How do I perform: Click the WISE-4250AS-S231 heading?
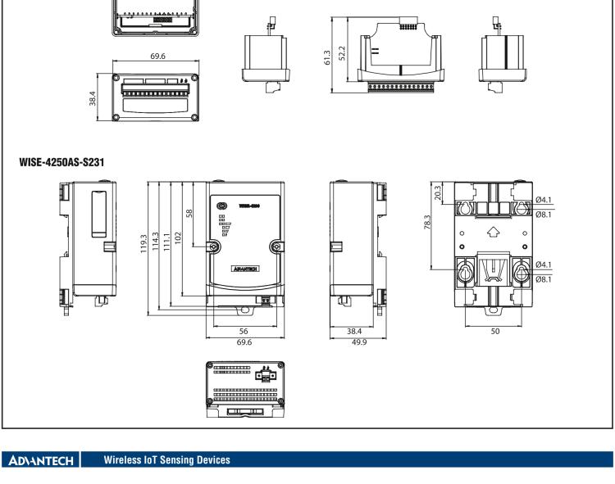click(61, 163)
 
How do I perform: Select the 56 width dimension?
click(244, 332)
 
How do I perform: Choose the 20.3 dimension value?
click(437, 192)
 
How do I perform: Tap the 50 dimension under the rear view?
click(494, 332)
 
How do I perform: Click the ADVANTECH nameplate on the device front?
click(245, 268)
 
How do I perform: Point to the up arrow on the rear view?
click(491, 232)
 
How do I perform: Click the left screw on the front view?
click(214, 247)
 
